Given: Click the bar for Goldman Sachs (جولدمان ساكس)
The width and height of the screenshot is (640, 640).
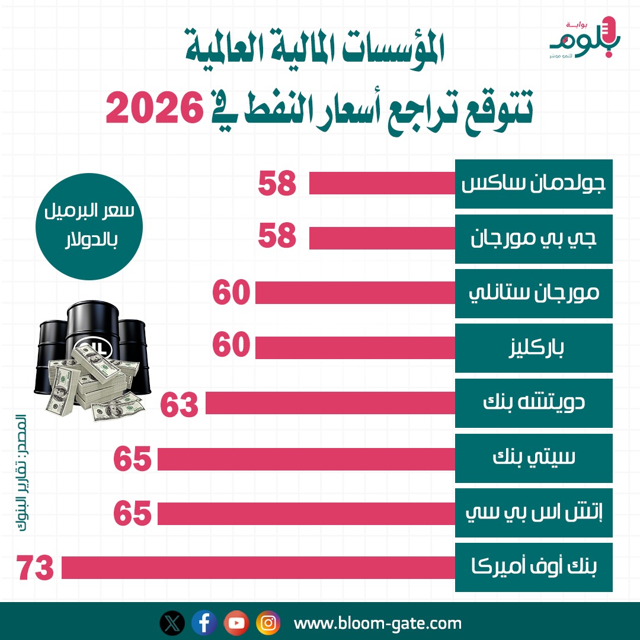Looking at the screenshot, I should pos(382,183).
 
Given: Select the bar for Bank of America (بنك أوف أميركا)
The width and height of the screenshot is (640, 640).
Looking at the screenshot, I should pos(258,568).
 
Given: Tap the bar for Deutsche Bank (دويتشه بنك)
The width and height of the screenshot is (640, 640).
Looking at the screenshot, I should pos(330,403).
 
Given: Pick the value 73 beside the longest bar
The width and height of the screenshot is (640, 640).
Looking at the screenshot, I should pos(36,568).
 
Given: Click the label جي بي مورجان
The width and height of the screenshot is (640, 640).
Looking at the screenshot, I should pos(533,238).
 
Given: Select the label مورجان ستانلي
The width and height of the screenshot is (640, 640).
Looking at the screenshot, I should pos(533,293).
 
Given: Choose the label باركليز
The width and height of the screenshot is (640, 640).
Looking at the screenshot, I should pos(533,348).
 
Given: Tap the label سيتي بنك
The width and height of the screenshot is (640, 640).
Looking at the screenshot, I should pos(533,458).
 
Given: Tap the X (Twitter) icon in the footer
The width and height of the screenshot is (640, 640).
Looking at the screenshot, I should pos(172,623).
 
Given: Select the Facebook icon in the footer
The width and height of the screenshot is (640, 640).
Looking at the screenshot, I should pos(204,623).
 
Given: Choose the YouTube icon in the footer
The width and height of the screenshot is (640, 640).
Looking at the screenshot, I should pos(236,623).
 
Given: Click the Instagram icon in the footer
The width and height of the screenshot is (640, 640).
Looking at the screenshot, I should pos(268,623).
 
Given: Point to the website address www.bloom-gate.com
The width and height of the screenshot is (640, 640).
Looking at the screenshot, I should pos(377,623).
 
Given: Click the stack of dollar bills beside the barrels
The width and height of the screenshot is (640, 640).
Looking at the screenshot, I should pos(98,385).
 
